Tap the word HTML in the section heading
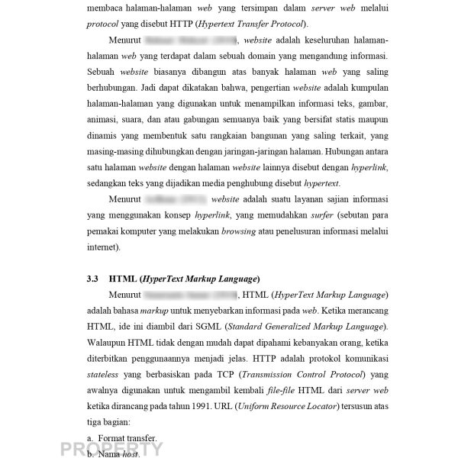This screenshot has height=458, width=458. click(x=124, y=278)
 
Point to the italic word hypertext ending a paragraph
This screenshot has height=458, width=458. click(x=321, y=184)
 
